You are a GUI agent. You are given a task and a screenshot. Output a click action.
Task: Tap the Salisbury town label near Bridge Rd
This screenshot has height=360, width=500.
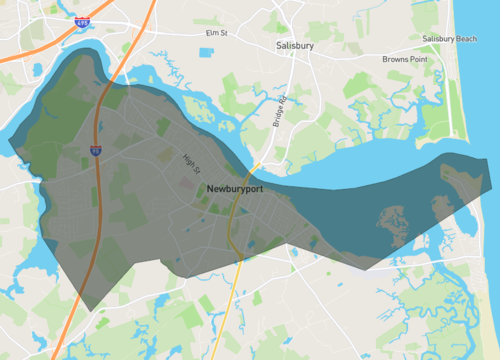coord(296,46)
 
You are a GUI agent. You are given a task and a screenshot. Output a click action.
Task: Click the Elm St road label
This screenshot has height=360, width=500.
coord(217,33)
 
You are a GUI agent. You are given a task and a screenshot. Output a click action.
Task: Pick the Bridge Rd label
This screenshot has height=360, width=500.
coord(279,111)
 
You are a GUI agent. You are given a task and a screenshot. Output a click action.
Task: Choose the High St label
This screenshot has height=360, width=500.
coord(191,164)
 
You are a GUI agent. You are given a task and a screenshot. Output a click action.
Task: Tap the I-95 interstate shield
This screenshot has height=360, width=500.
coord(95,151)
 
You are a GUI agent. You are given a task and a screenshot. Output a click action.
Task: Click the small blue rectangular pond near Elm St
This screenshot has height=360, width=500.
coord(206,52)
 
